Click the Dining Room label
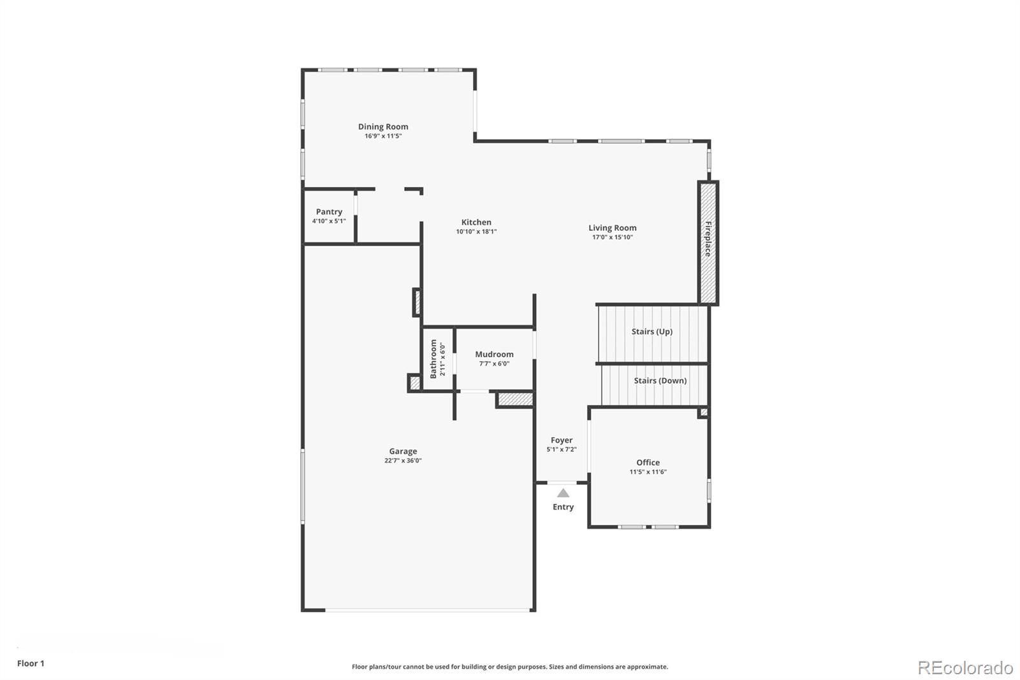coord(383,127)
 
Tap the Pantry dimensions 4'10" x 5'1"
coord(329,221)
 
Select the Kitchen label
coord(476,223)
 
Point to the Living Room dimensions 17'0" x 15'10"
coord(613,237)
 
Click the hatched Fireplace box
coord(708,243)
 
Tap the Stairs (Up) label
coord(652,331)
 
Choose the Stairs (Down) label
coord(660,381)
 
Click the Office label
coord(648,462)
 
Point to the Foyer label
coord(562,440)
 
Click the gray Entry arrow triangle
coord(564,493)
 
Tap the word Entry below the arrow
coord(564,506)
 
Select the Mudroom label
coord(494,354)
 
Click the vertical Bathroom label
coord(433,358)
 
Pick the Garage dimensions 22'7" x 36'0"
coord(403,461)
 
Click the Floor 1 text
coord(31,663)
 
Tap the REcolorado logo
coord(965,668)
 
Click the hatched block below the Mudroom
coord(515,399)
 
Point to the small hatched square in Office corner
coord(704,412)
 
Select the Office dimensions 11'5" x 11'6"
coord(648,472)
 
